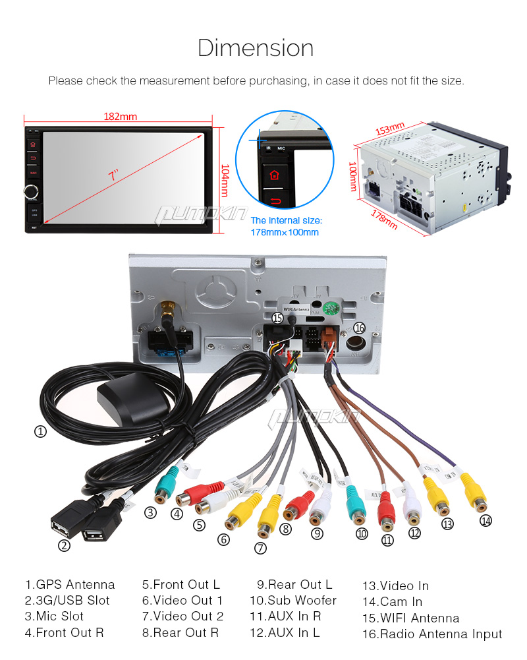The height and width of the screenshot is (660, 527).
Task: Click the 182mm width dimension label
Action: pos(120,117)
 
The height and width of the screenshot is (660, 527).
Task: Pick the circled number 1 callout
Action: pos(41,432)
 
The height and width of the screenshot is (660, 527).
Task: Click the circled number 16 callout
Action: pos(359,328)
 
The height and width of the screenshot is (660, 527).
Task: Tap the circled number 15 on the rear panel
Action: pos(278,318)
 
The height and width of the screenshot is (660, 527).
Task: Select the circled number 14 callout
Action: pos(485,520)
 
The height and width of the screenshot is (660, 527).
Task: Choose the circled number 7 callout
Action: pos(261,547)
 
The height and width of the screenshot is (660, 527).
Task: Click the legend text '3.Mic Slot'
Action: pos(55,616)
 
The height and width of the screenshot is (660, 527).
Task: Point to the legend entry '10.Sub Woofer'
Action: pos(292,601)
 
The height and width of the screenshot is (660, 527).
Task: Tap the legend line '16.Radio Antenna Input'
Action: pos(431,634)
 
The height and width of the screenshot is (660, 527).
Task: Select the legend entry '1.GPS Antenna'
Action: pos(70,585)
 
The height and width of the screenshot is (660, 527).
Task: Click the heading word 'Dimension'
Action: pos(256,48)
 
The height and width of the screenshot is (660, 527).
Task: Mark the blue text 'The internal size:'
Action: pos(286,220)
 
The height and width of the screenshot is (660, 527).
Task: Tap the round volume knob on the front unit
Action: pos(32,192)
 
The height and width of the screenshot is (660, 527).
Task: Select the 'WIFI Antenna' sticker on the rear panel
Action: pos(296,308)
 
